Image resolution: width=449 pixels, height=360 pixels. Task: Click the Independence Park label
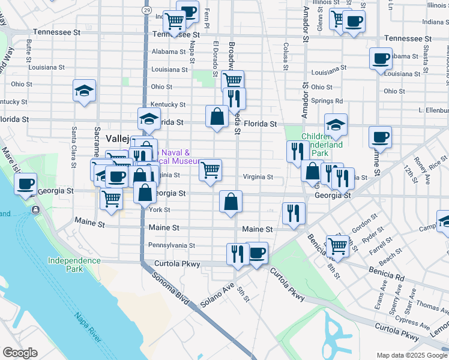[74, 265]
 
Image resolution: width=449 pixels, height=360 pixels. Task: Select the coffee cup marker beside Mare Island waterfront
[25, 184]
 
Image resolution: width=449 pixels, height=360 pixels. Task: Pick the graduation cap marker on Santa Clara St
[85, 91]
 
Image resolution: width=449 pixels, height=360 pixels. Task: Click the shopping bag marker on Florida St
[217, 116]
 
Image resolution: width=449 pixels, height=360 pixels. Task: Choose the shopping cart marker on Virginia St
[210, 170]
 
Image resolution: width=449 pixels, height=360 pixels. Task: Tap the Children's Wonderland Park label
[323, 145]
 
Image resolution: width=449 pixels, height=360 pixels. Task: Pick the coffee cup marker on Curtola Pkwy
[257, 253]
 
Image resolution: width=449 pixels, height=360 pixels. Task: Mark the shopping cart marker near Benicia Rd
[337, 246]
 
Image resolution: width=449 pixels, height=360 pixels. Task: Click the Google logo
[20, 353]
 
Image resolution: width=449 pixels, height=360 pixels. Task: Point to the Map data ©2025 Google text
[412, 355]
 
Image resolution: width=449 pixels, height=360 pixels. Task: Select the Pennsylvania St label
[172, 245]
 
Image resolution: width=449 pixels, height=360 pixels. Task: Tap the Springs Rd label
[327, 101]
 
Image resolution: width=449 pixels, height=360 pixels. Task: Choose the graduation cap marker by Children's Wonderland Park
[336, 125]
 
